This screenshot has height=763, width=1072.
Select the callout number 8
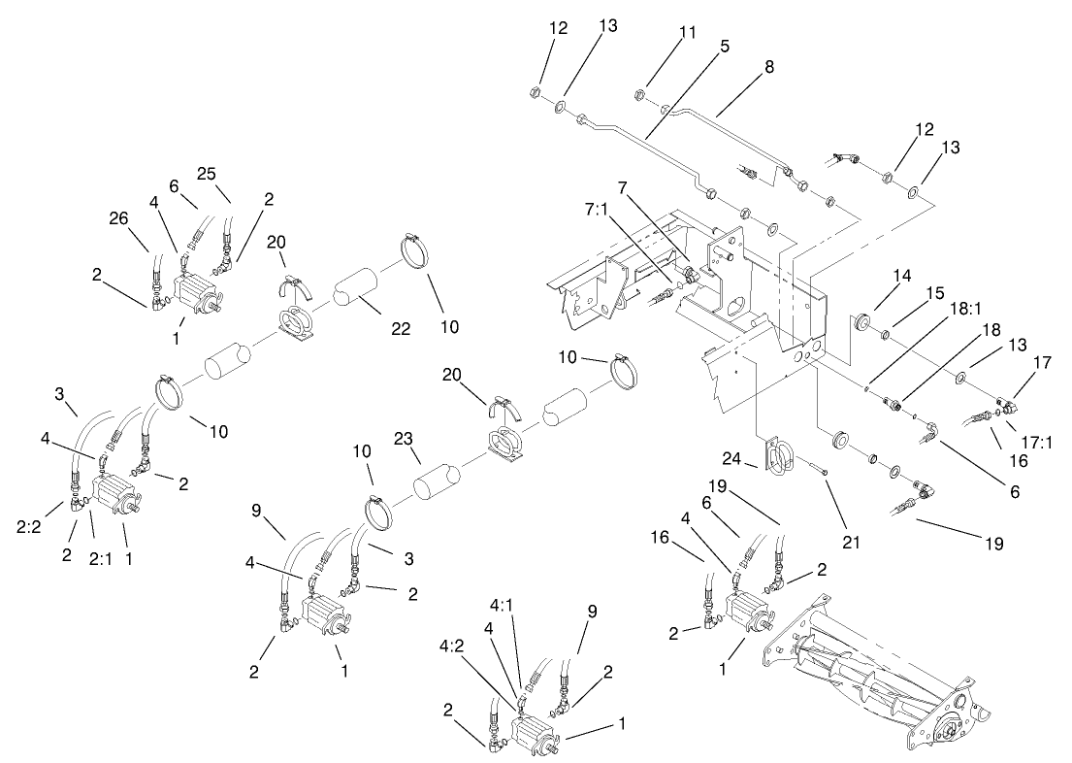(x=769, y=69)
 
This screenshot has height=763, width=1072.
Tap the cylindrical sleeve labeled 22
(x=356, y=288)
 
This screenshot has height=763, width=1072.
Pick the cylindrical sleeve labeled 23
(x=437, y=479)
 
